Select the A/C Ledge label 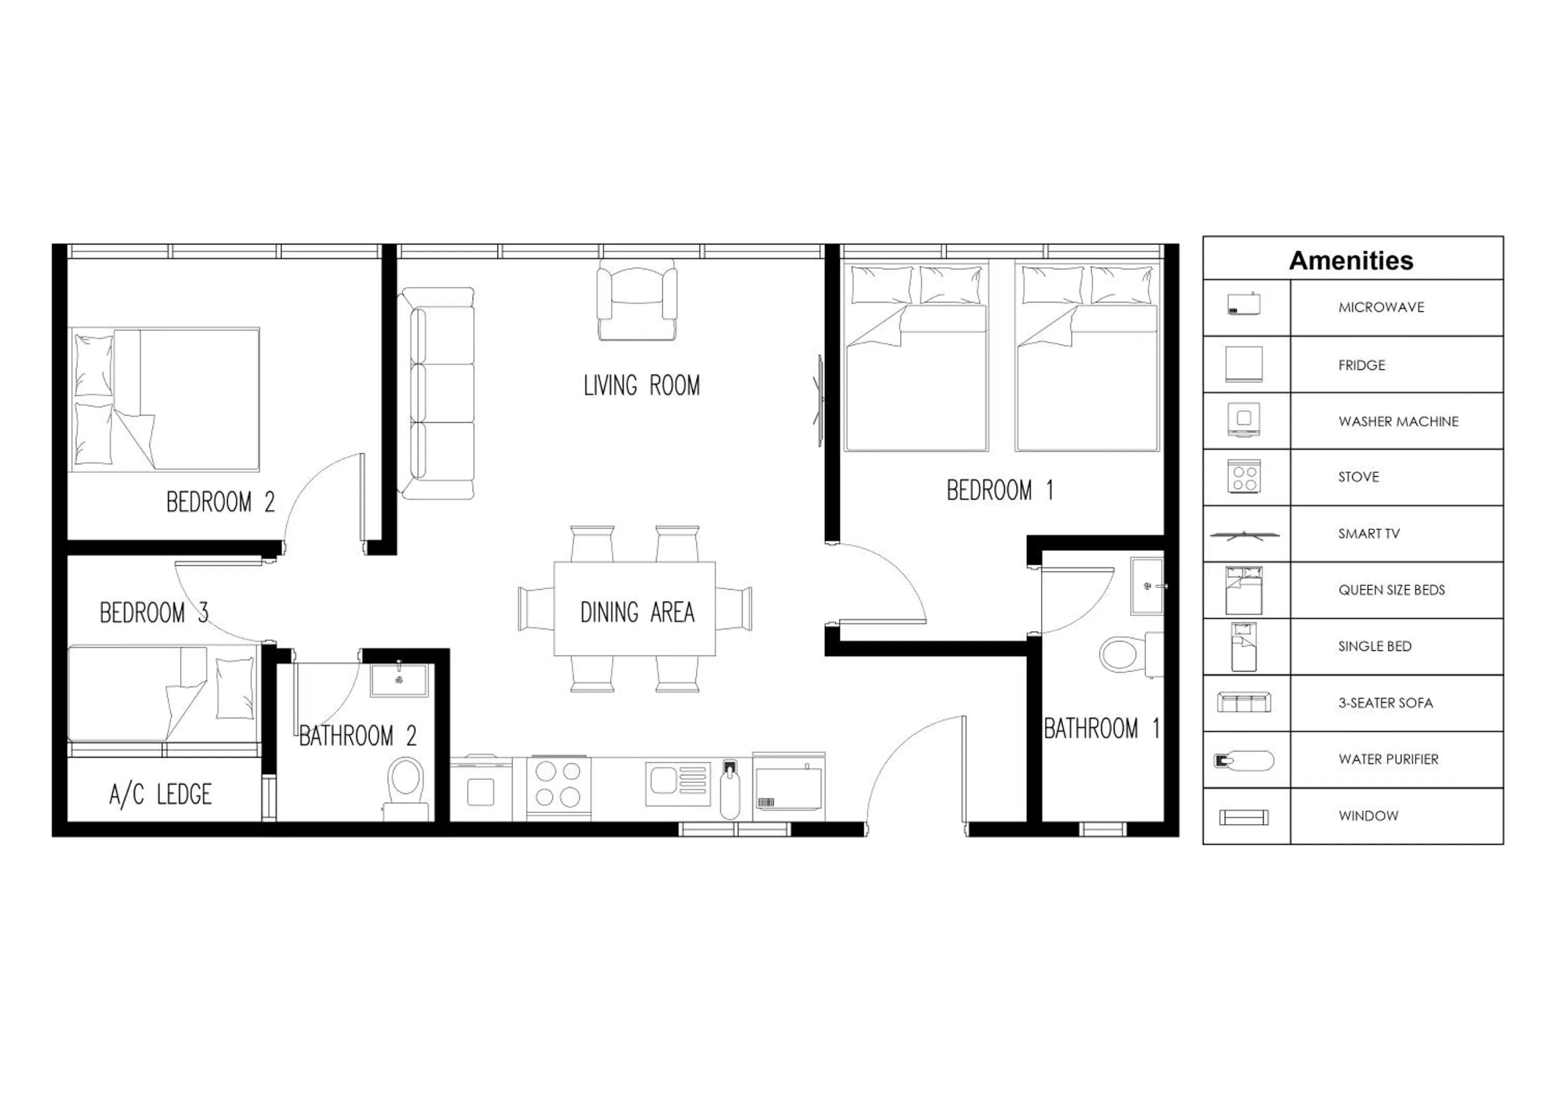click(x=161, y=794)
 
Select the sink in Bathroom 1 click(x=1146, y=586)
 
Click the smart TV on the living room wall click(x=819, y=400)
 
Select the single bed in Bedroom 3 click(x=163, y=694)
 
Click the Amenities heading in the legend click(x=1351, y=261)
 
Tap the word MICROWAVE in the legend click(x=1381, y=307)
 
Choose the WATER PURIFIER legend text click(x=1388, y=759)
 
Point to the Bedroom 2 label click(x=220, y=502)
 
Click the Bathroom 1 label click(x=1101, y=728)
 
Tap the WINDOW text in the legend click(x=1368, y=816)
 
